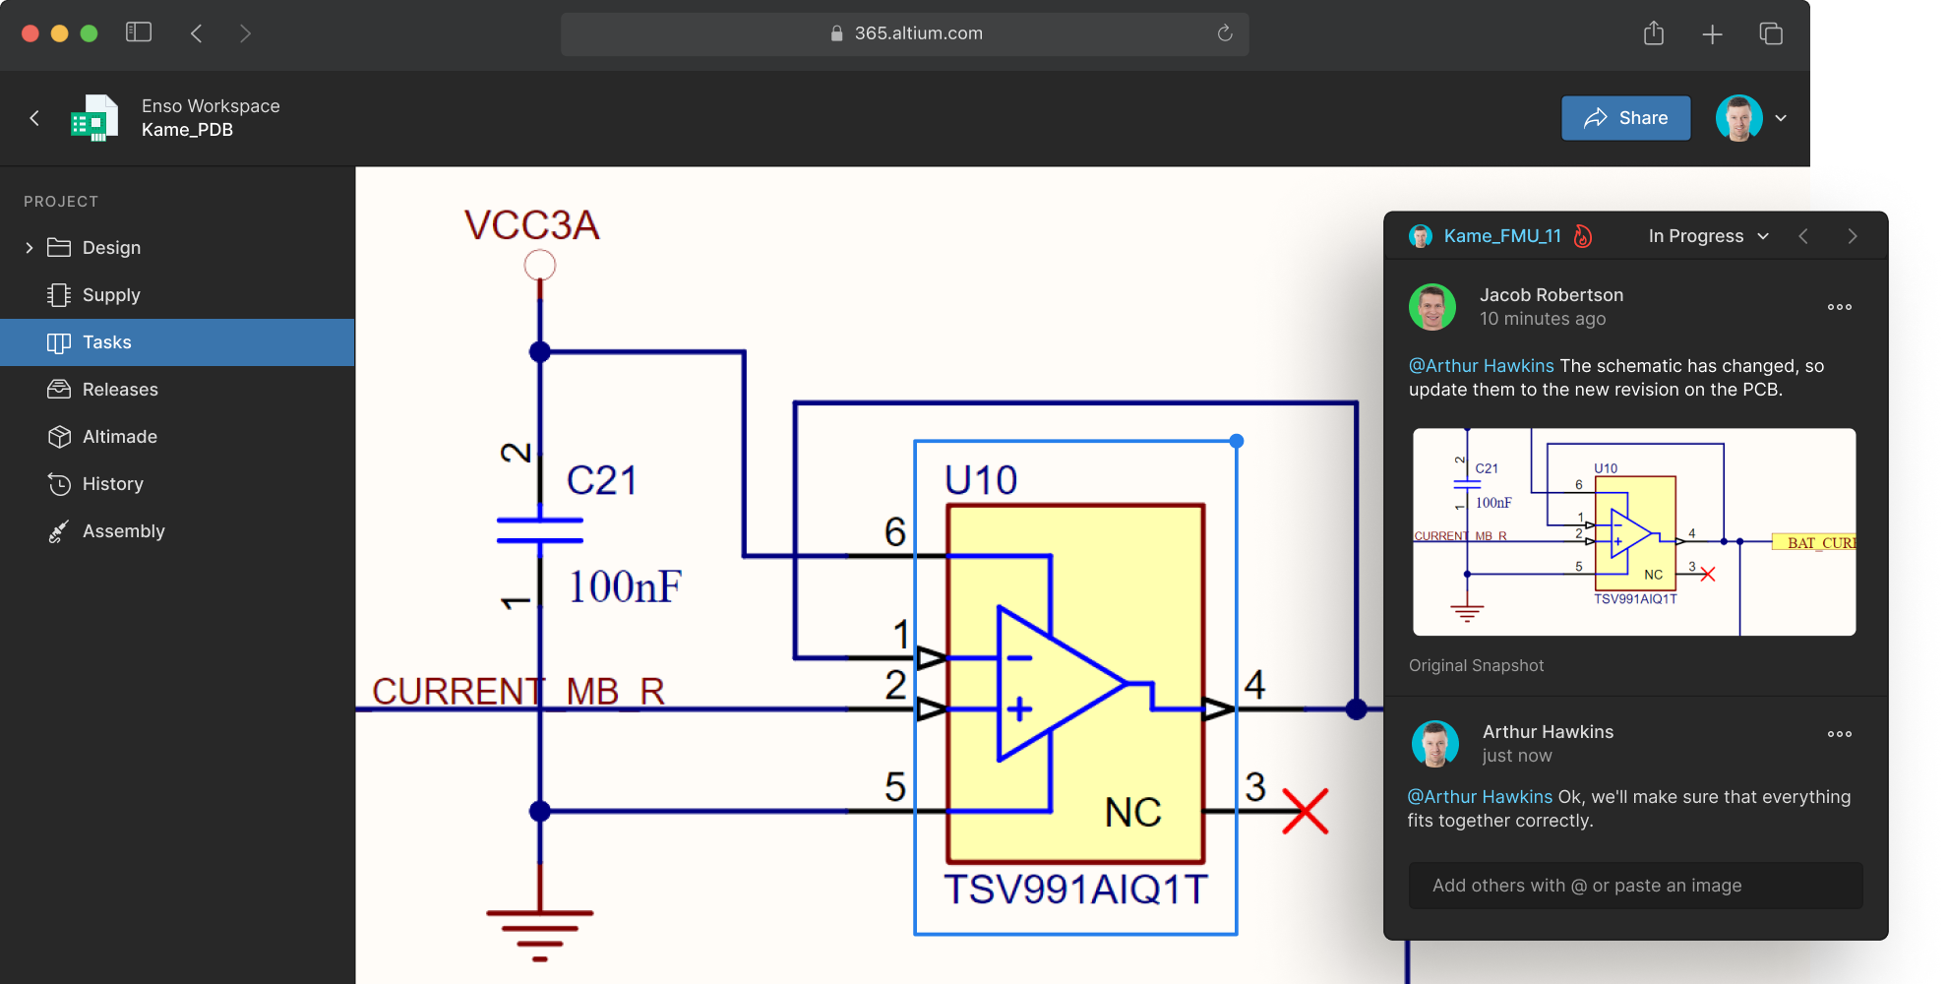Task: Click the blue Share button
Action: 1625,118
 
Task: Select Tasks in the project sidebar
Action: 106,342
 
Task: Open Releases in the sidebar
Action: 119,390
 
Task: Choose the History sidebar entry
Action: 112,484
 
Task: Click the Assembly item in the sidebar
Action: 123,531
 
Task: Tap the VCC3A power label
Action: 531,225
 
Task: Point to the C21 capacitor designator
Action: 601,480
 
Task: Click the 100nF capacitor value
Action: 625,586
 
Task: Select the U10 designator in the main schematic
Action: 980,480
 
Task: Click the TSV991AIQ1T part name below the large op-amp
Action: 1075,890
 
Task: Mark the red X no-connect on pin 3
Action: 1306,812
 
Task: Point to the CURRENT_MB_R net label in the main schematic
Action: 517,691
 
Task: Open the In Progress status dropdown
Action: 1708,236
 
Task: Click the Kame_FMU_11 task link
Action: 1501,236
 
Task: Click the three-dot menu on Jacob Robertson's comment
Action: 1839,307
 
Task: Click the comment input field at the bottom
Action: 1635,886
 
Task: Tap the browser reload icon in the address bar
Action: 1225,33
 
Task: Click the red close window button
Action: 30,33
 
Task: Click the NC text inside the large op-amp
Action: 1132,813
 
